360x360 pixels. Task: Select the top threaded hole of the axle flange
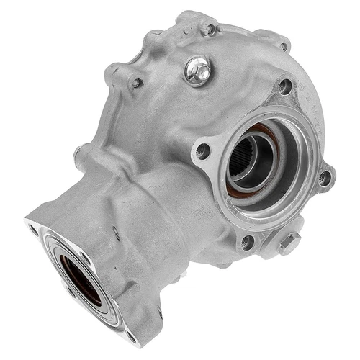285,86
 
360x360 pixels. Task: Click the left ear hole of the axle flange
203,150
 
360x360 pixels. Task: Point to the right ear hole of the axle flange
325,175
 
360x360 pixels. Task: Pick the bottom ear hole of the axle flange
247,242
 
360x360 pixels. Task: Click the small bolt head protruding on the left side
77,152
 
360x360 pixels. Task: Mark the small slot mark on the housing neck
114,233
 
